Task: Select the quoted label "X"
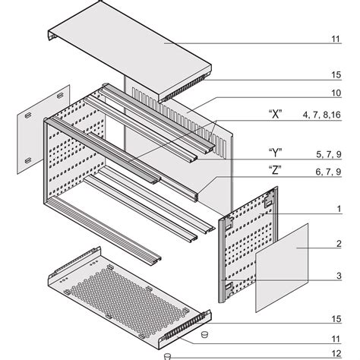(x=276, y=115)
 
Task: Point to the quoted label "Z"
(x=276, y=172)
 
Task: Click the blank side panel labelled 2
(x=283, y=266)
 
